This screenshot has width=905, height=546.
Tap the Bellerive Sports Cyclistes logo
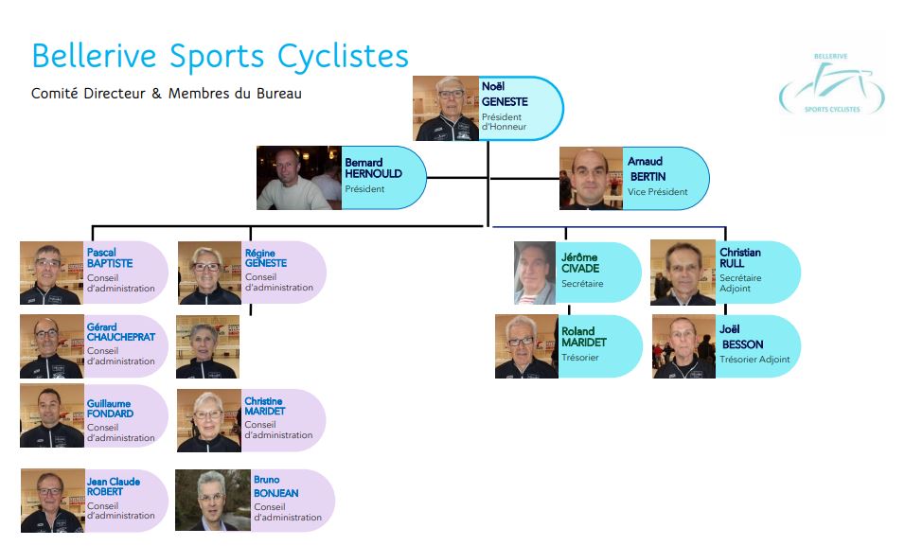(832, 86)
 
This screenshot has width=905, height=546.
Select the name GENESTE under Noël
(505, 102)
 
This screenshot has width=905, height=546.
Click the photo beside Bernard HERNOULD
(298, 178)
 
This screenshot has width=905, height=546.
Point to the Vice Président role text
(657, 192)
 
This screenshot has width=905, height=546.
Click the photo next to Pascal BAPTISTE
(51, 273)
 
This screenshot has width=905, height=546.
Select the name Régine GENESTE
(265, 258)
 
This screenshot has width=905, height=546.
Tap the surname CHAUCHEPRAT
(120, 337)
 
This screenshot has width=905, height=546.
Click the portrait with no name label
(207, 347)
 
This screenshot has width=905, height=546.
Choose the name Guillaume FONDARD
(110, 409)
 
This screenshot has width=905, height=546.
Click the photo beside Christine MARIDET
(208, 421)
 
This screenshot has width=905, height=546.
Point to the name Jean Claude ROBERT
(113, 487)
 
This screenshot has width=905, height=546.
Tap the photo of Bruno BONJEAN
(212, 501)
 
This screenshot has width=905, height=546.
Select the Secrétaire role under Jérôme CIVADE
(582, 284)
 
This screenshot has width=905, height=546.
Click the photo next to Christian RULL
(683, 273)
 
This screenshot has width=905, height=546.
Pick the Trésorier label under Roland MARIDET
(580, 358)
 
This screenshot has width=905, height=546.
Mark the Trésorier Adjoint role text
(754, 360)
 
